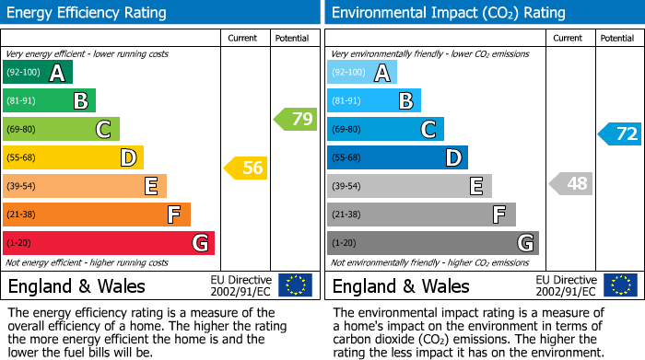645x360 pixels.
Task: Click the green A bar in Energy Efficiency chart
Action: (x=37, y=73)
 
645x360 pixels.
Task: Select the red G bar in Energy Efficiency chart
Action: (x=108, y=243)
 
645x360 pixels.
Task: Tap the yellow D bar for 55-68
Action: (x=73, y=158)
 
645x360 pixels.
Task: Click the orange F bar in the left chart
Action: (x=96, y=215)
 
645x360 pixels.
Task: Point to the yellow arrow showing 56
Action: (x=246, y=168)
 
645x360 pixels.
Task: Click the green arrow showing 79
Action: (x=296, y=119)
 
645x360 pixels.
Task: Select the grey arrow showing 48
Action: (x=570, y=183)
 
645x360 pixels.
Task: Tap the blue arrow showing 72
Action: (x=620, y=134)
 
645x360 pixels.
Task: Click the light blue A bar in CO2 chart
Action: (x=361, y=73)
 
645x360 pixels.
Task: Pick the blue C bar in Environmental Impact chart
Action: (x=385, y=130)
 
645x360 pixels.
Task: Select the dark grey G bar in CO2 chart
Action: (x=432, y=243)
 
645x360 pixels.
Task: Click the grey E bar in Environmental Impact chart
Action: (x=408, y=186)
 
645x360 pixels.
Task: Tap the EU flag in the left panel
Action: (x=295, y=285)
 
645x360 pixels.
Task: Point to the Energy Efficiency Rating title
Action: (x=87, y=13)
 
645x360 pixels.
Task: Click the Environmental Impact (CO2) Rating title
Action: (x=448, y=13)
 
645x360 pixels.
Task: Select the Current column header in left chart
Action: (x=242, y=38)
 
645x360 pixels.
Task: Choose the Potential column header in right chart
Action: (x=617, y=38)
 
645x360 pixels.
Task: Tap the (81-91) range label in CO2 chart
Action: (x=346, y=101)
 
